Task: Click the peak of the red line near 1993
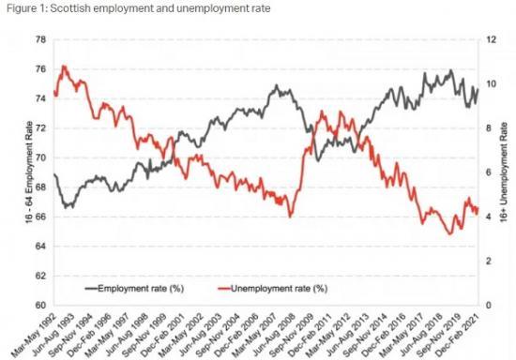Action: (64, 67)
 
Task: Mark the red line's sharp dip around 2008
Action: (291, 217)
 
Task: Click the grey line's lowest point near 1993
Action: (65, 207)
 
